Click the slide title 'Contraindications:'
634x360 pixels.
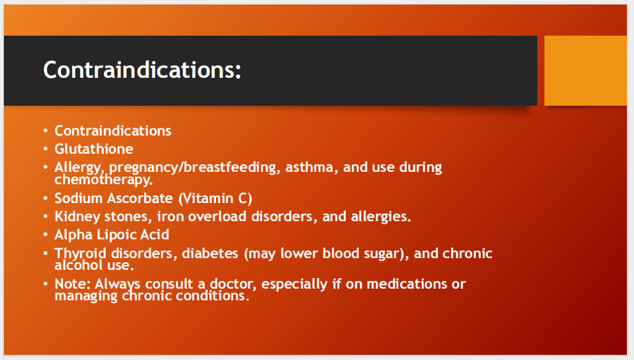[x=142, y=70]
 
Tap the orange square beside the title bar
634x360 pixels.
[x=585, y=71]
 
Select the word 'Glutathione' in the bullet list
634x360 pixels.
[x=94, y=149]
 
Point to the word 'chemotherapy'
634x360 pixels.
[x=104, y=180]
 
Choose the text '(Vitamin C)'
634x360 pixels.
[x=215, y=198]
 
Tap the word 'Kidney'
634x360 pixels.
[x=77, y=217]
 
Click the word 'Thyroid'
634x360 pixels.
[x=80, y=254]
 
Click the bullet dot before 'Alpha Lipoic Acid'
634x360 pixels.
[x=45, y=235]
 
